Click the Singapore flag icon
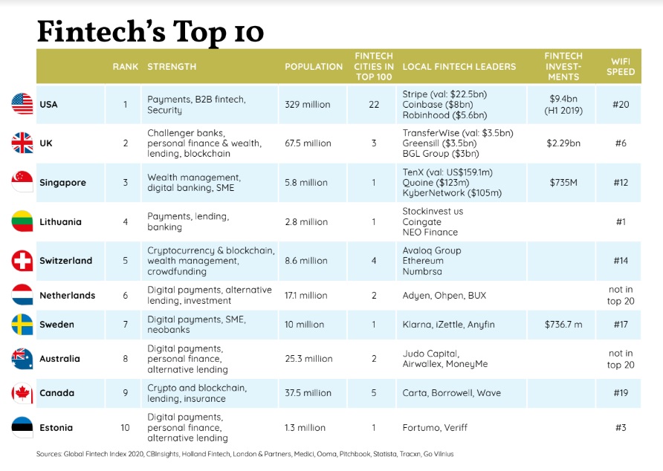(22, 182)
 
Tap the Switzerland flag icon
(22, 261)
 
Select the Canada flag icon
(22, 393)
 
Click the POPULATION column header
(314, 67)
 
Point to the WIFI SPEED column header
(621, 67)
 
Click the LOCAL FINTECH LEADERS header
(459, 67)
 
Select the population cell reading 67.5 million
(308, 143)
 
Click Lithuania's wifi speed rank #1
(621, 221)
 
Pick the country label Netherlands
(67, 295)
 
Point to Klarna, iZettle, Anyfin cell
(448, 325)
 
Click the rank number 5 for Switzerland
(126, 261)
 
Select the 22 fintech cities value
(374, 105)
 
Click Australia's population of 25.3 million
(308, 359)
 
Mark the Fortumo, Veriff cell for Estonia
(436, 427)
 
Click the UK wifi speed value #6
(621, 143)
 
